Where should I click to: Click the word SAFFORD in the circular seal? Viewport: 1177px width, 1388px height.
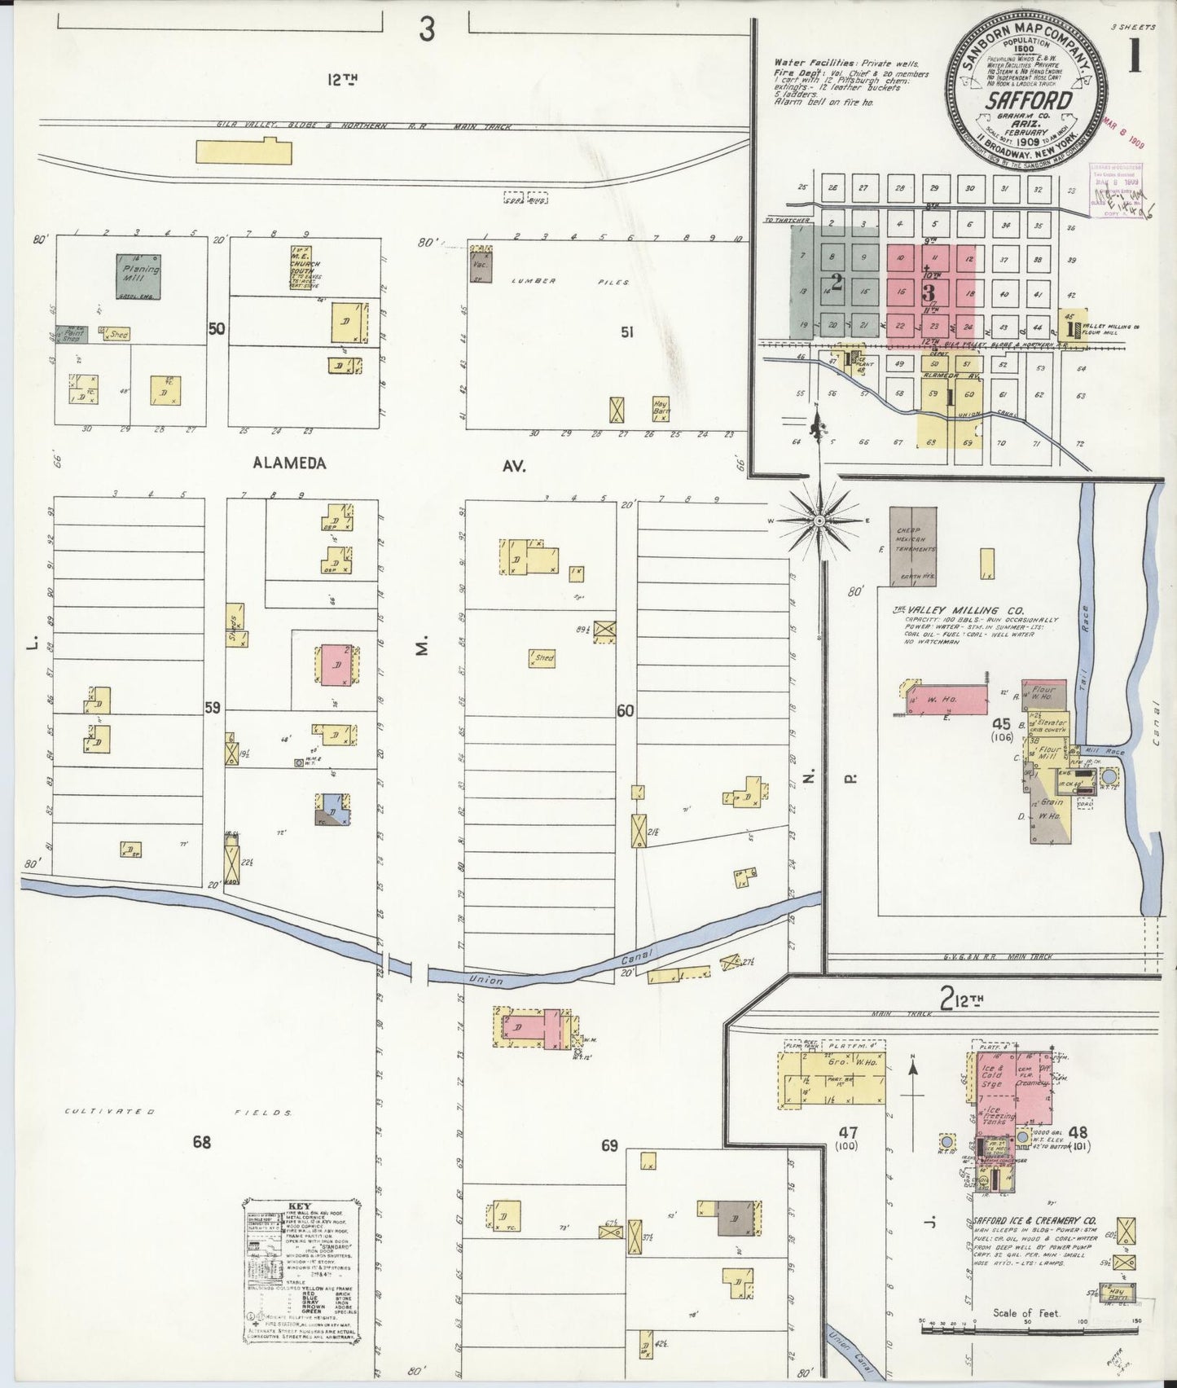coord(1029,102)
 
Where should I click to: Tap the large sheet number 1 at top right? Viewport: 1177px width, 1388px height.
coord(1134,57)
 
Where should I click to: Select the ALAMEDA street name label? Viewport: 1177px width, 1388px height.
coord(289,463)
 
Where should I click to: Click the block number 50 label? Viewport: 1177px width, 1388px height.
coord(216,329)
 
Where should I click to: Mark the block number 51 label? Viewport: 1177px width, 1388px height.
coord(626,332)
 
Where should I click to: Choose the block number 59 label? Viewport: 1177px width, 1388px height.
coord(212,708)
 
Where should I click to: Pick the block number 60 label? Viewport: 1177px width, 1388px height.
coord(625,710)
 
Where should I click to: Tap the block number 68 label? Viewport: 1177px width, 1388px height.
coord(201,1142)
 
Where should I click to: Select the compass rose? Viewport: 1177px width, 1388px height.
coord(820,519)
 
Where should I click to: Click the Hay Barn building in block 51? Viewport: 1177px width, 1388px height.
coord(661,406)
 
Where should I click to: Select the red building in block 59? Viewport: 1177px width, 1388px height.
coord(336,665)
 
